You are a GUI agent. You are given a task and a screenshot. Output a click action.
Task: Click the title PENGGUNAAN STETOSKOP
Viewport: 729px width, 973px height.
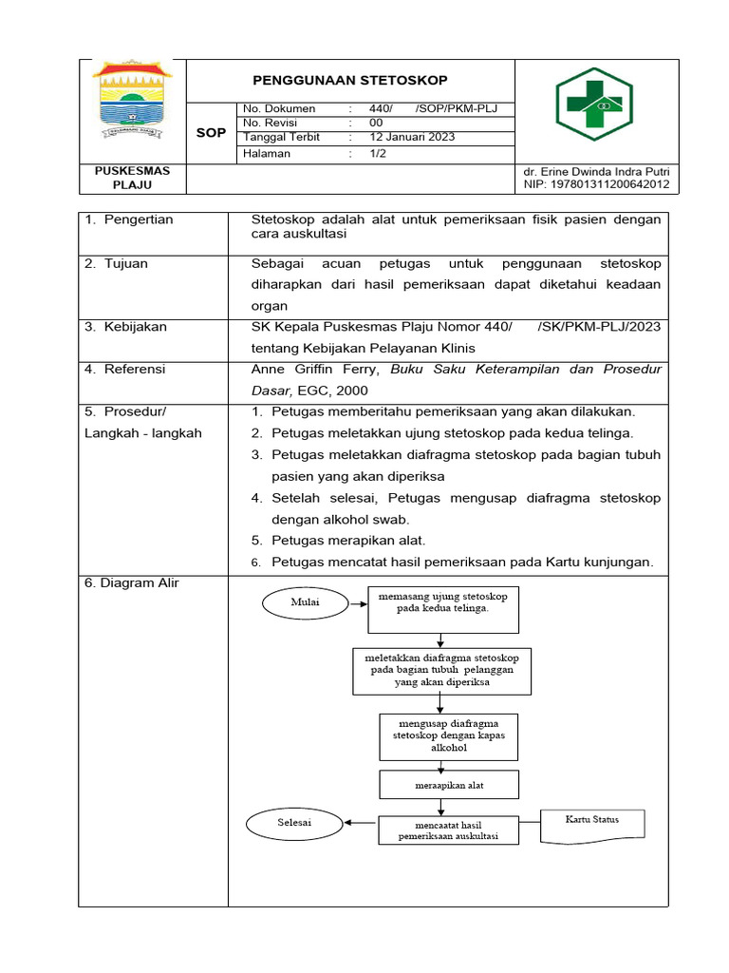tap(350, 80)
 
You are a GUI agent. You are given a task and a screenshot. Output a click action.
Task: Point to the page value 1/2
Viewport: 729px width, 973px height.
tap(377, 153)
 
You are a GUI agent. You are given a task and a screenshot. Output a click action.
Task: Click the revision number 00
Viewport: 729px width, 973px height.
tap(376, 123)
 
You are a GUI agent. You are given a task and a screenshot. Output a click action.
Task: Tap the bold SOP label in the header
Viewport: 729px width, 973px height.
tap(211, 133)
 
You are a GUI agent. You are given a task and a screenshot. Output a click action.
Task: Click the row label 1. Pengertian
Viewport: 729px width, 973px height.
tap(128, 219)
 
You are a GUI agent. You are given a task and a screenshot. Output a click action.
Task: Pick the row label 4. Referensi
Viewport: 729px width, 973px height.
tap(124, 369)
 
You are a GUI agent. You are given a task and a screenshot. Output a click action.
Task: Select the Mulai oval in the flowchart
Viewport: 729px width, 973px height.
tap(306, 601)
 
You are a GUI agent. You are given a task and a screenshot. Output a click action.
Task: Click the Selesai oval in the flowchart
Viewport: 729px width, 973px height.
tap(294, 821)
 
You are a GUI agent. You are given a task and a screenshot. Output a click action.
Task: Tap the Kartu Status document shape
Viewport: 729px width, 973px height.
tap(592, 820)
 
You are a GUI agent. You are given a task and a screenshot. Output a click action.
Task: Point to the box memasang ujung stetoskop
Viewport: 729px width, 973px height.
tap(443, 608)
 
